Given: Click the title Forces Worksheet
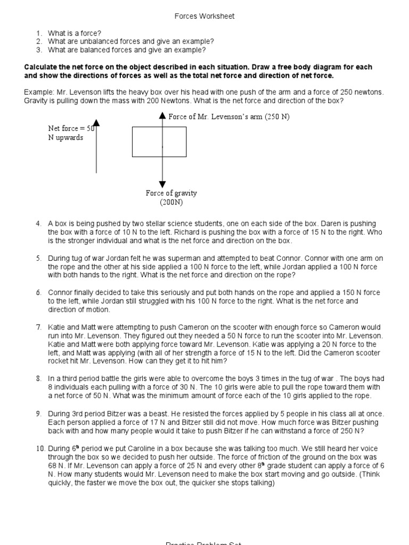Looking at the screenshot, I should point(204,16).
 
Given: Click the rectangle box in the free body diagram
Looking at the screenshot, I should point(159,142).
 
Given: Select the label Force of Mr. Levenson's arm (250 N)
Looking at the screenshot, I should point(228,117).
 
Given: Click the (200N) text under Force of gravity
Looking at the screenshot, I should point(171,202).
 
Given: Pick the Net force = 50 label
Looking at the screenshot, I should point(71,128).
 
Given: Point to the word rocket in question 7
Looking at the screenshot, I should point(60,361).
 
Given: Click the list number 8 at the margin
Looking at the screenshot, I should point(38,379).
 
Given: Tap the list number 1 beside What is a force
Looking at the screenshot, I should point(39,33).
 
